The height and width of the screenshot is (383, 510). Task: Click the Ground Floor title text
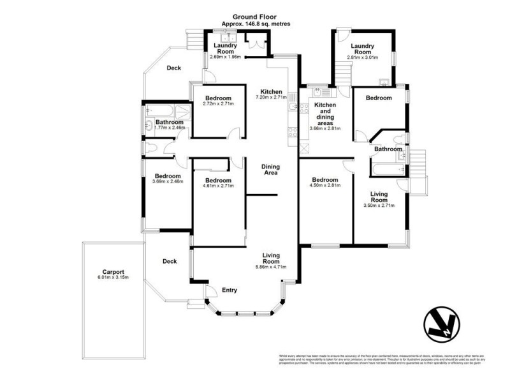coord(255,17)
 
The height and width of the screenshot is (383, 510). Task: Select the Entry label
coord(229,290)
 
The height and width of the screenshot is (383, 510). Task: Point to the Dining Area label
coord(271,170)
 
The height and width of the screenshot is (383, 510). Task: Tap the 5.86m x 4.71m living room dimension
coord(272,267)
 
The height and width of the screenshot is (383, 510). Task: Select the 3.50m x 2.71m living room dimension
coord(379,206)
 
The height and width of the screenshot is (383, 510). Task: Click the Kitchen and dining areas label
coord(325,112)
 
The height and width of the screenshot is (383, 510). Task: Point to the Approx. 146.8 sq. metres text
coord(255,24)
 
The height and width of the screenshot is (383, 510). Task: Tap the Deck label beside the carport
coord(169,260)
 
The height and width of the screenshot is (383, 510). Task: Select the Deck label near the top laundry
coord(174,68)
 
